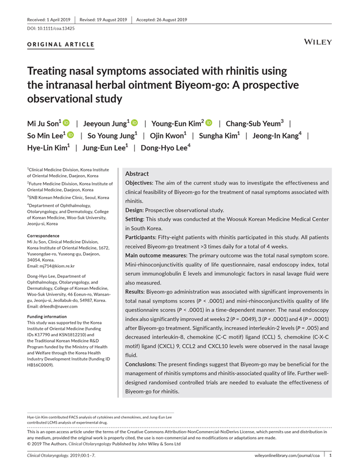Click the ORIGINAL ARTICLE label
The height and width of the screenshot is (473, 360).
[61, 44]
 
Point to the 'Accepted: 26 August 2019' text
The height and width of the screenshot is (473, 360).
[161, 20]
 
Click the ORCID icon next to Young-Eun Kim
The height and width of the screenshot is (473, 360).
[209, 123]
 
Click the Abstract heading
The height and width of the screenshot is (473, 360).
[137, 173]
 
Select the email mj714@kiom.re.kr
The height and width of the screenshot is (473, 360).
[59, 266]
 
